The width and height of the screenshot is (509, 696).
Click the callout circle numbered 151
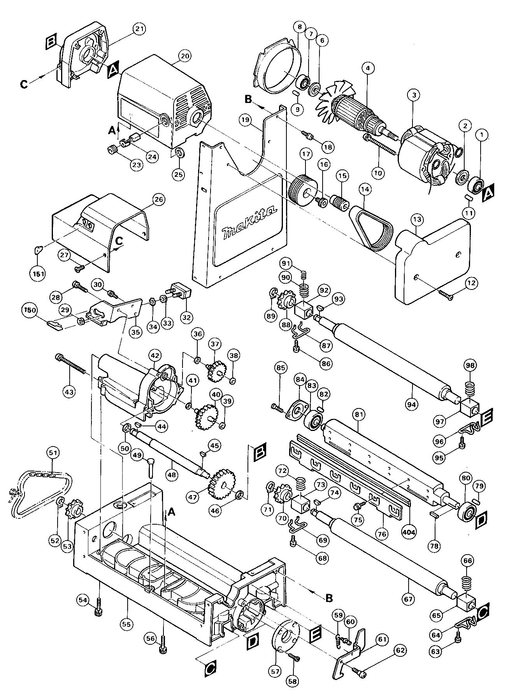(x=38, y=274)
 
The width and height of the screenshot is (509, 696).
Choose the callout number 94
(x=412, y=405)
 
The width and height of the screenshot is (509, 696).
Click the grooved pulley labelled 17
(x=303, y=193)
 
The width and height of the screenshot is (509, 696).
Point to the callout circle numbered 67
(x=408, y=600)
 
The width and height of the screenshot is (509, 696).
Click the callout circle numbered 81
(x=358, y=415)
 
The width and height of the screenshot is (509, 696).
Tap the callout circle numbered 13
(x=417, y=220)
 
